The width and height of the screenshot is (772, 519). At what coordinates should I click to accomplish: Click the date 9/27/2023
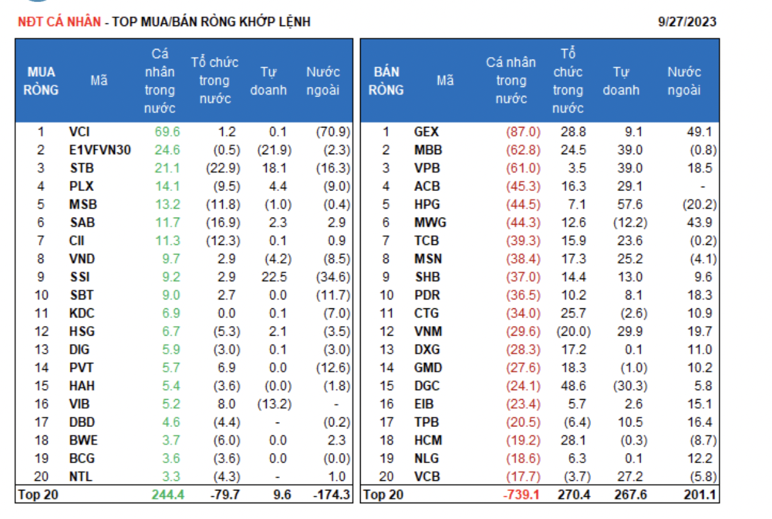tap(688, 22)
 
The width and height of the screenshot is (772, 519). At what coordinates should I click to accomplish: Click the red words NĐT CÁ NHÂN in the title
tap(59, 22)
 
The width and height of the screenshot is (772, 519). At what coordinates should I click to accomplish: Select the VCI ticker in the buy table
tap(80, 132)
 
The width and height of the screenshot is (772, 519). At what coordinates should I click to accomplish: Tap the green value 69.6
tap(167, 132)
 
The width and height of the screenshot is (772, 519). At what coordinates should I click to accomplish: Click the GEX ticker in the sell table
tap(427, 132)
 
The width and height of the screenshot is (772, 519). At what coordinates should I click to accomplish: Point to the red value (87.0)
tap(523, 132)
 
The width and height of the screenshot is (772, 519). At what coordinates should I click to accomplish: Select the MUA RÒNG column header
tap(41, 81)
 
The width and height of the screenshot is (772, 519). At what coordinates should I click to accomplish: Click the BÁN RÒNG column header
tap(386, 81)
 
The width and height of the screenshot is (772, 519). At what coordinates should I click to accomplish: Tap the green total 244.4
tap(168, 495)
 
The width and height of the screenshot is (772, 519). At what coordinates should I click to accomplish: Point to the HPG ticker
tap(427, 204)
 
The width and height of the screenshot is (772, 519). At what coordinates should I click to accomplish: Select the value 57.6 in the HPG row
tap(630, 204)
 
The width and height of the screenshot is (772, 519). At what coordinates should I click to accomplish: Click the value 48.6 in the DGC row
tap(573, 386)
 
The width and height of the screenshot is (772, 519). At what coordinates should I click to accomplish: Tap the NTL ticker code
tap(81, 476)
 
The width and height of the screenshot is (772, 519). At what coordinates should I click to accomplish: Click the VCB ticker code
tap(427, 476)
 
